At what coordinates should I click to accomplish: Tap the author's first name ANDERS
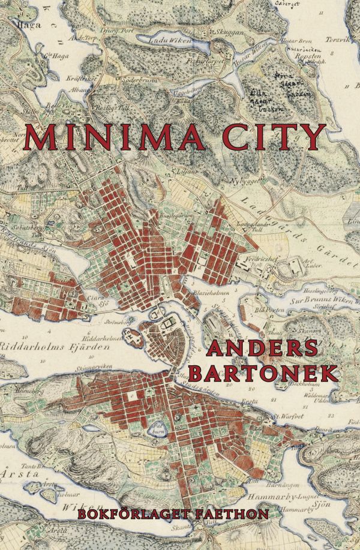click(263, 350)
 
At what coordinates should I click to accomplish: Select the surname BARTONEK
click(263, 373)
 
